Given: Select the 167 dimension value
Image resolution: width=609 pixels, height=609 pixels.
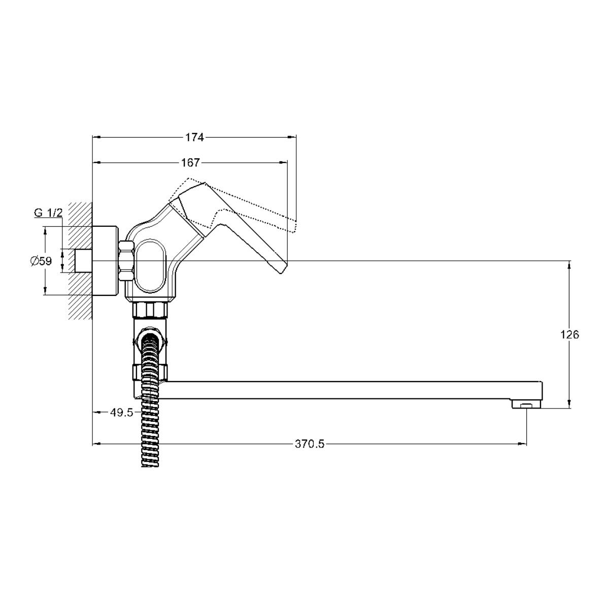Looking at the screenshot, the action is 191,163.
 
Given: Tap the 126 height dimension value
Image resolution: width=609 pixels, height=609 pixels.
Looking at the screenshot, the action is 570,334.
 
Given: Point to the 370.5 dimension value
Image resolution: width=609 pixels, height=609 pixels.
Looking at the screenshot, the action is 310,444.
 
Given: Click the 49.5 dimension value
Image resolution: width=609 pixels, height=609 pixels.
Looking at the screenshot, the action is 122,412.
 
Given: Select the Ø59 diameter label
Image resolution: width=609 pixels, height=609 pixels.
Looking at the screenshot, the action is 41,261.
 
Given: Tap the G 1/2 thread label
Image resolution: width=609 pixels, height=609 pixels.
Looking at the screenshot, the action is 48,213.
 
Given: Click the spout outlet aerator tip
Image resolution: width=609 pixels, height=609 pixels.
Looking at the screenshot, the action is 526,403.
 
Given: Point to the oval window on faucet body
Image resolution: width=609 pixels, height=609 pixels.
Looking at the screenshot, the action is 151,266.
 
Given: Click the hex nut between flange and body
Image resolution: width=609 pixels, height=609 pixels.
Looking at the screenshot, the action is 127,260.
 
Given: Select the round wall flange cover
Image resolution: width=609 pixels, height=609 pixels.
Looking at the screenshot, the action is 105,261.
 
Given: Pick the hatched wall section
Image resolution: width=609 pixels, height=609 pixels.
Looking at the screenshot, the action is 80,260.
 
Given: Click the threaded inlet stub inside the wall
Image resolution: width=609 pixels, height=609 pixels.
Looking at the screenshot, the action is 83,261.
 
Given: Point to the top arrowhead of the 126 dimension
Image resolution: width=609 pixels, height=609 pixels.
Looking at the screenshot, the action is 569,265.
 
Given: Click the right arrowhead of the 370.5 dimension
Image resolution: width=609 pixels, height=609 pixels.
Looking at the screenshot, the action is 523,444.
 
